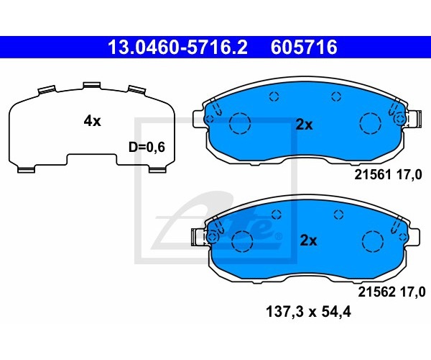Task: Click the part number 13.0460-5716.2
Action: [x=177, y=47]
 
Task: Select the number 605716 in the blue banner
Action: [x=304, y=47]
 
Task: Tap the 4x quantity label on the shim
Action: [x=93, y=121]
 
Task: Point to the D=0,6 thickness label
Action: [x=147, y=147]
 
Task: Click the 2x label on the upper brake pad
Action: [x=305, y=125]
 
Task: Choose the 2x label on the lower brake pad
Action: [x=308, y=240]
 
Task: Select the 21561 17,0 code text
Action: [x=388, y=175]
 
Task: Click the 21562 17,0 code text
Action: [x=391, y=292]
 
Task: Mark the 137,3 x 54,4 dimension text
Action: [x=308, y=312]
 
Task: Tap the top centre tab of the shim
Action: [x=92, y=86]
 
